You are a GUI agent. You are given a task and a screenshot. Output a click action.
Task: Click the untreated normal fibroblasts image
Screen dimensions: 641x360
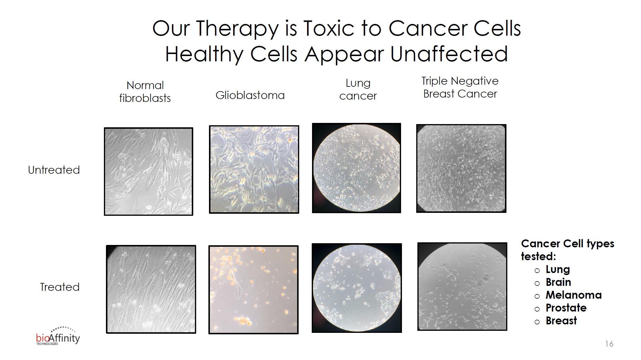pyautogui.click(x=148, y=171)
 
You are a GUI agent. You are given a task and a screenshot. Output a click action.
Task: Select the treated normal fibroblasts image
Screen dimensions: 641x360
pyautogui.click(x=151, y=289)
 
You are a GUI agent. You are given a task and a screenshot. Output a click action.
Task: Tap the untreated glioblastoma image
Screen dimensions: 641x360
pyautogui.click(x=254, y=169)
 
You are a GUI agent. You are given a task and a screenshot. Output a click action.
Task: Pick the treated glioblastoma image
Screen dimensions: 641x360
pyautogui.click(x=253, y=290)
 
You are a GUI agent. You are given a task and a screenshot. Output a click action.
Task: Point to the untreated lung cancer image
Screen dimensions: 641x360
pyautogui.click(x=356, y=168)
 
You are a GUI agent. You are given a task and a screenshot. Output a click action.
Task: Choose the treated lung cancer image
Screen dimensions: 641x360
pyautogui.click(x=357, y=288)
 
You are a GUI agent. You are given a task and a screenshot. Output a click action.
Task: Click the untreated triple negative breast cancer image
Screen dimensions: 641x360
pyautogui.click(x=461, y=168)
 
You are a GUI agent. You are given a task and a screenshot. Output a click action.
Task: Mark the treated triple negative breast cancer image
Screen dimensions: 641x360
pyautogui.click(x=462, y=286)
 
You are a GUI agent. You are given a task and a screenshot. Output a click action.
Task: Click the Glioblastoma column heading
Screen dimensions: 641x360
pyautogui.click(x=250, y=95)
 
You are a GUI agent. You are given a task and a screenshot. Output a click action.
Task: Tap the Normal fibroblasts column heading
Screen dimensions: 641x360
pyautogui.click(x=145, y=92)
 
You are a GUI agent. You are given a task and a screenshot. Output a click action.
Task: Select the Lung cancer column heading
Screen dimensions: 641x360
pyautogui.click(x=358, y=89)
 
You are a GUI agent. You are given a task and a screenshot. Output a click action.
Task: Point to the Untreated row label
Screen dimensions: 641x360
pyautogui.click(x=54, y=170)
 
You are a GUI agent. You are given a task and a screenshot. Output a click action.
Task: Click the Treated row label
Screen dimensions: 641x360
pyautogui.click(x=60, y=287)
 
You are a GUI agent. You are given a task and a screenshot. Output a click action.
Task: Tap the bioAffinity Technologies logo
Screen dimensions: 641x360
pyautogui.click(x=58, y=336)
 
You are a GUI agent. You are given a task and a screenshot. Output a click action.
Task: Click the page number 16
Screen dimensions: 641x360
pyautogui.click(x=609, y=344)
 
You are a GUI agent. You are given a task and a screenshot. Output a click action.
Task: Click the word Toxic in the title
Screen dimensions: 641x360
pyautogui.click(x=328, y=28)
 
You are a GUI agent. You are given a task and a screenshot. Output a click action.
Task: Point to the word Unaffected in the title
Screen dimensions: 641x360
pyautogui.click(x=449, y=54)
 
